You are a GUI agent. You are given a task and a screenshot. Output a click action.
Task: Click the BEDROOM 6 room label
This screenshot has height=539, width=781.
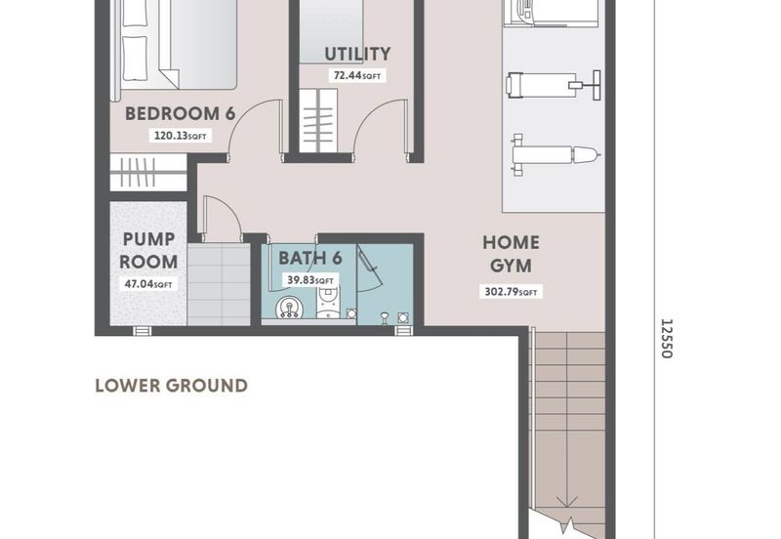tap(181, 114)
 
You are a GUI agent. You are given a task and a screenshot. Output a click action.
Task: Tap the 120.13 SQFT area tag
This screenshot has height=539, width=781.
tap(181, 137)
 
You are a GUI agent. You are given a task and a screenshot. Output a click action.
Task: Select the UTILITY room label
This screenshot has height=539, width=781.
tap(358, 55)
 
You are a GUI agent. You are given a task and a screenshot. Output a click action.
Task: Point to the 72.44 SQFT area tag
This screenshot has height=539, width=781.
tap(358, 75)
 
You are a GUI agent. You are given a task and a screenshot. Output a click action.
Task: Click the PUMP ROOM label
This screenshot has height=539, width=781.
tap(149, 251)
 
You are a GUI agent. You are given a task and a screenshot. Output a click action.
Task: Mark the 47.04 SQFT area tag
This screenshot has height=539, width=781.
tap(149, 285)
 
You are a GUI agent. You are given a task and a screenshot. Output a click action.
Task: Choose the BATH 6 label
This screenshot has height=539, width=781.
tap(309, 259)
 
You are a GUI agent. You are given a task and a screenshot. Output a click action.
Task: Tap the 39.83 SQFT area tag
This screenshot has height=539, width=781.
tap(309, 279)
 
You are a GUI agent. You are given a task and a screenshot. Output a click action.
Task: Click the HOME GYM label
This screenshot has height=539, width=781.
tap(511, 254)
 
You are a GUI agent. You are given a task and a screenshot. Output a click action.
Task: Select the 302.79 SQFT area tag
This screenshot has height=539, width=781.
tap(511, 291)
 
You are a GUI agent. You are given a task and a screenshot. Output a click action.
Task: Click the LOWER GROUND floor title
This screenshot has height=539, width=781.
tap(171, 386)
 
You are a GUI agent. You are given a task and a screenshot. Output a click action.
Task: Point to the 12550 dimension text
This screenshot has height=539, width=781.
tap(666, 337)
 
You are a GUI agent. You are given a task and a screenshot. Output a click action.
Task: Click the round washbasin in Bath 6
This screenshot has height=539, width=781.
tap(289, 310)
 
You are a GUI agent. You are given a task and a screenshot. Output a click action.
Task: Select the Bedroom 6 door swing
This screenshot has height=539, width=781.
tap(247, 130)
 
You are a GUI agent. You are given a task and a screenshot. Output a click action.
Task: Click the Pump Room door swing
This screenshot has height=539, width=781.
tap(220, 217)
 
